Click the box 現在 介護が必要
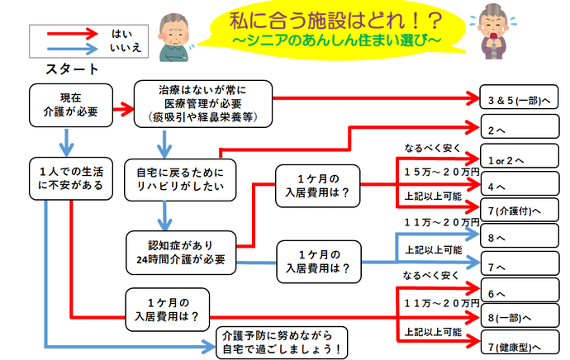(x=67, y=100)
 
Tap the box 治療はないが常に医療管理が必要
(x=202, y=102)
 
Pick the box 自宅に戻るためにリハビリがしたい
(x=179, y=181)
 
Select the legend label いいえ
(x=126, y=49)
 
